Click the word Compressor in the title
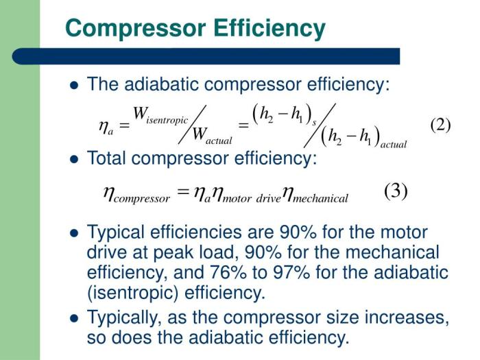pos(136,29)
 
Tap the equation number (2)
pos(440,125)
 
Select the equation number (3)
pos(396,191)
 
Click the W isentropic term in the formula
pos(160,115)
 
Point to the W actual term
pos(212,136)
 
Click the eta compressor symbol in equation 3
pos(136,195)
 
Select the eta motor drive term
pos(246,195)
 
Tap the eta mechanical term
pos(315,195)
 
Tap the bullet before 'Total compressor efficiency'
pos(74,159)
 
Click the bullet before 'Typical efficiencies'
pos(74,234)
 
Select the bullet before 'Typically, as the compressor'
pos(74,318)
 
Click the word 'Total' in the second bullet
pos(106,158)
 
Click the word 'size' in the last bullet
pos(342,317)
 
